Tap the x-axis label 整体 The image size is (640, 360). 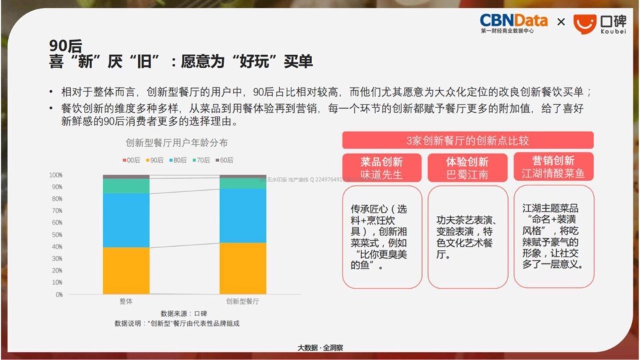126,302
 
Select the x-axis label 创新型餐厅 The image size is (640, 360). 243,302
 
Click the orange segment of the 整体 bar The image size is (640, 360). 126,270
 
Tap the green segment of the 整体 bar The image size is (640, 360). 126,186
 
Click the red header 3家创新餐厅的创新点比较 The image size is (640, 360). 467,140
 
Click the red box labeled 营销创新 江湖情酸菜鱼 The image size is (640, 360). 553,167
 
